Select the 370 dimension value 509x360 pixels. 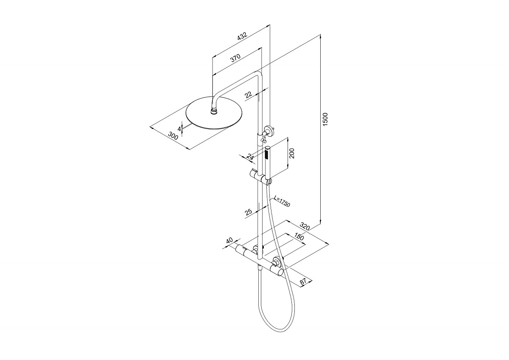tap(235, 58)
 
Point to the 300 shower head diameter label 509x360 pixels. tap(173, 136)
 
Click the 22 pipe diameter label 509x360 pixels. tap(249, 94)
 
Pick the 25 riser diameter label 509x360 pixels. tap(249, 212)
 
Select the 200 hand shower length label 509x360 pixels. tap(292, 153)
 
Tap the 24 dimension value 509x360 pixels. tap(250, 157)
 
